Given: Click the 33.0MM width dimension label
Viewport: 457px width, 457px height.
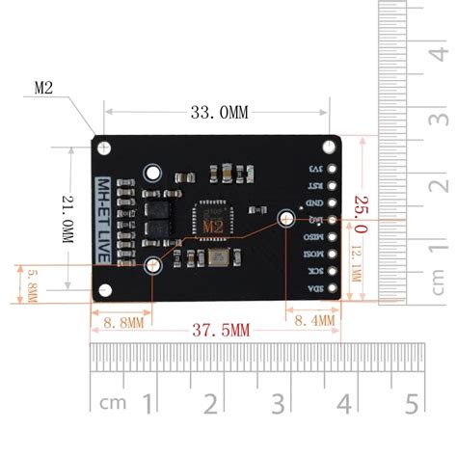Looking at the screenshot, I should coord(219,113).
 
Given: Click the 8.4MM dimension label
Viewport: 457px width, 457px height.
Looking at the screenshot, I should coord(315,319).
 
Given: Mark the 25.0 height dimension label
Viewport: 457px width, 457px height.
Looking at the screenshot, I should coord(361,220).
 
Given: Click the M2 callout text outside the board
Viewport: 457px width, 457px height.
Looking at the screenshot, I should coord(43,88).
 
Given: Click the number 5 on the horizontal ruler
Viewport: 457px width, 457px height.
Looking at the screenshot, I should coord(410,401).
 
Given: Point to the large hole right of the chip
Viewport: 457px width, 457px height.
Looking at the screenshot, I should coord(286,220).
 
